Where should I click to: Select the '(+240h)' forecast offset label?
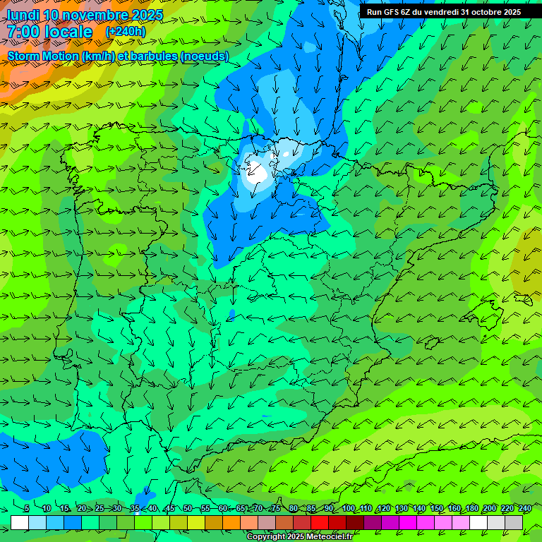coord(126,32)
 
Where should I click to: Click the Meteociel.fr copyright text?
coord(299,537)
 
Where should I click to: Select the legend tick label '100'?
coord(348,509)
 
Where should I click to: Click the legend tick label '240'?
coord(524,509)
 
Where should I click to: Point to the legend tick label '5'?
coord(26,509)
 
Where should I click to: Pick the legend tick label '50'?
coord(188,509)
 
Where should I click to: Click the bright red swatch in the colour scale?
coord(320,522)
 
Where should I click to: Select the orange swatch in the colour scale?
coord(231,522)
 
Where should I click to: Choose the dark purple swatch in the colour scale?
coord(373,522)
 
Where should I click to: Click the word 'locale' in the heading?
coord(66,32)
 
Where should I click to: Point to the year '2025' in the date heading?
coord(147,15)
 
